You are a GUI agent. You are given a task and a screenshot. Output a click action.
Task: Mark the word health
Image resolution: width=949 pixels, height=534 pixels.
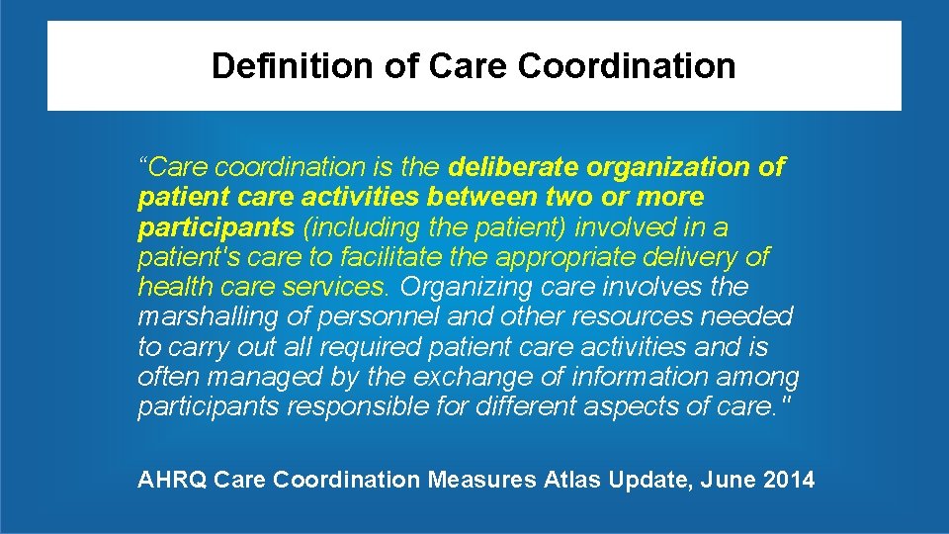pyautogui.click(x=171, y=287)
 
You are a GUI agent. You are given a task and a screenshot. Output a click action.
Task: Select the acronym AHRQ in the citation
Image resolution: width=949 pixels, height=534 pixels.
pyautogui.click(x=172, y=481)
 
